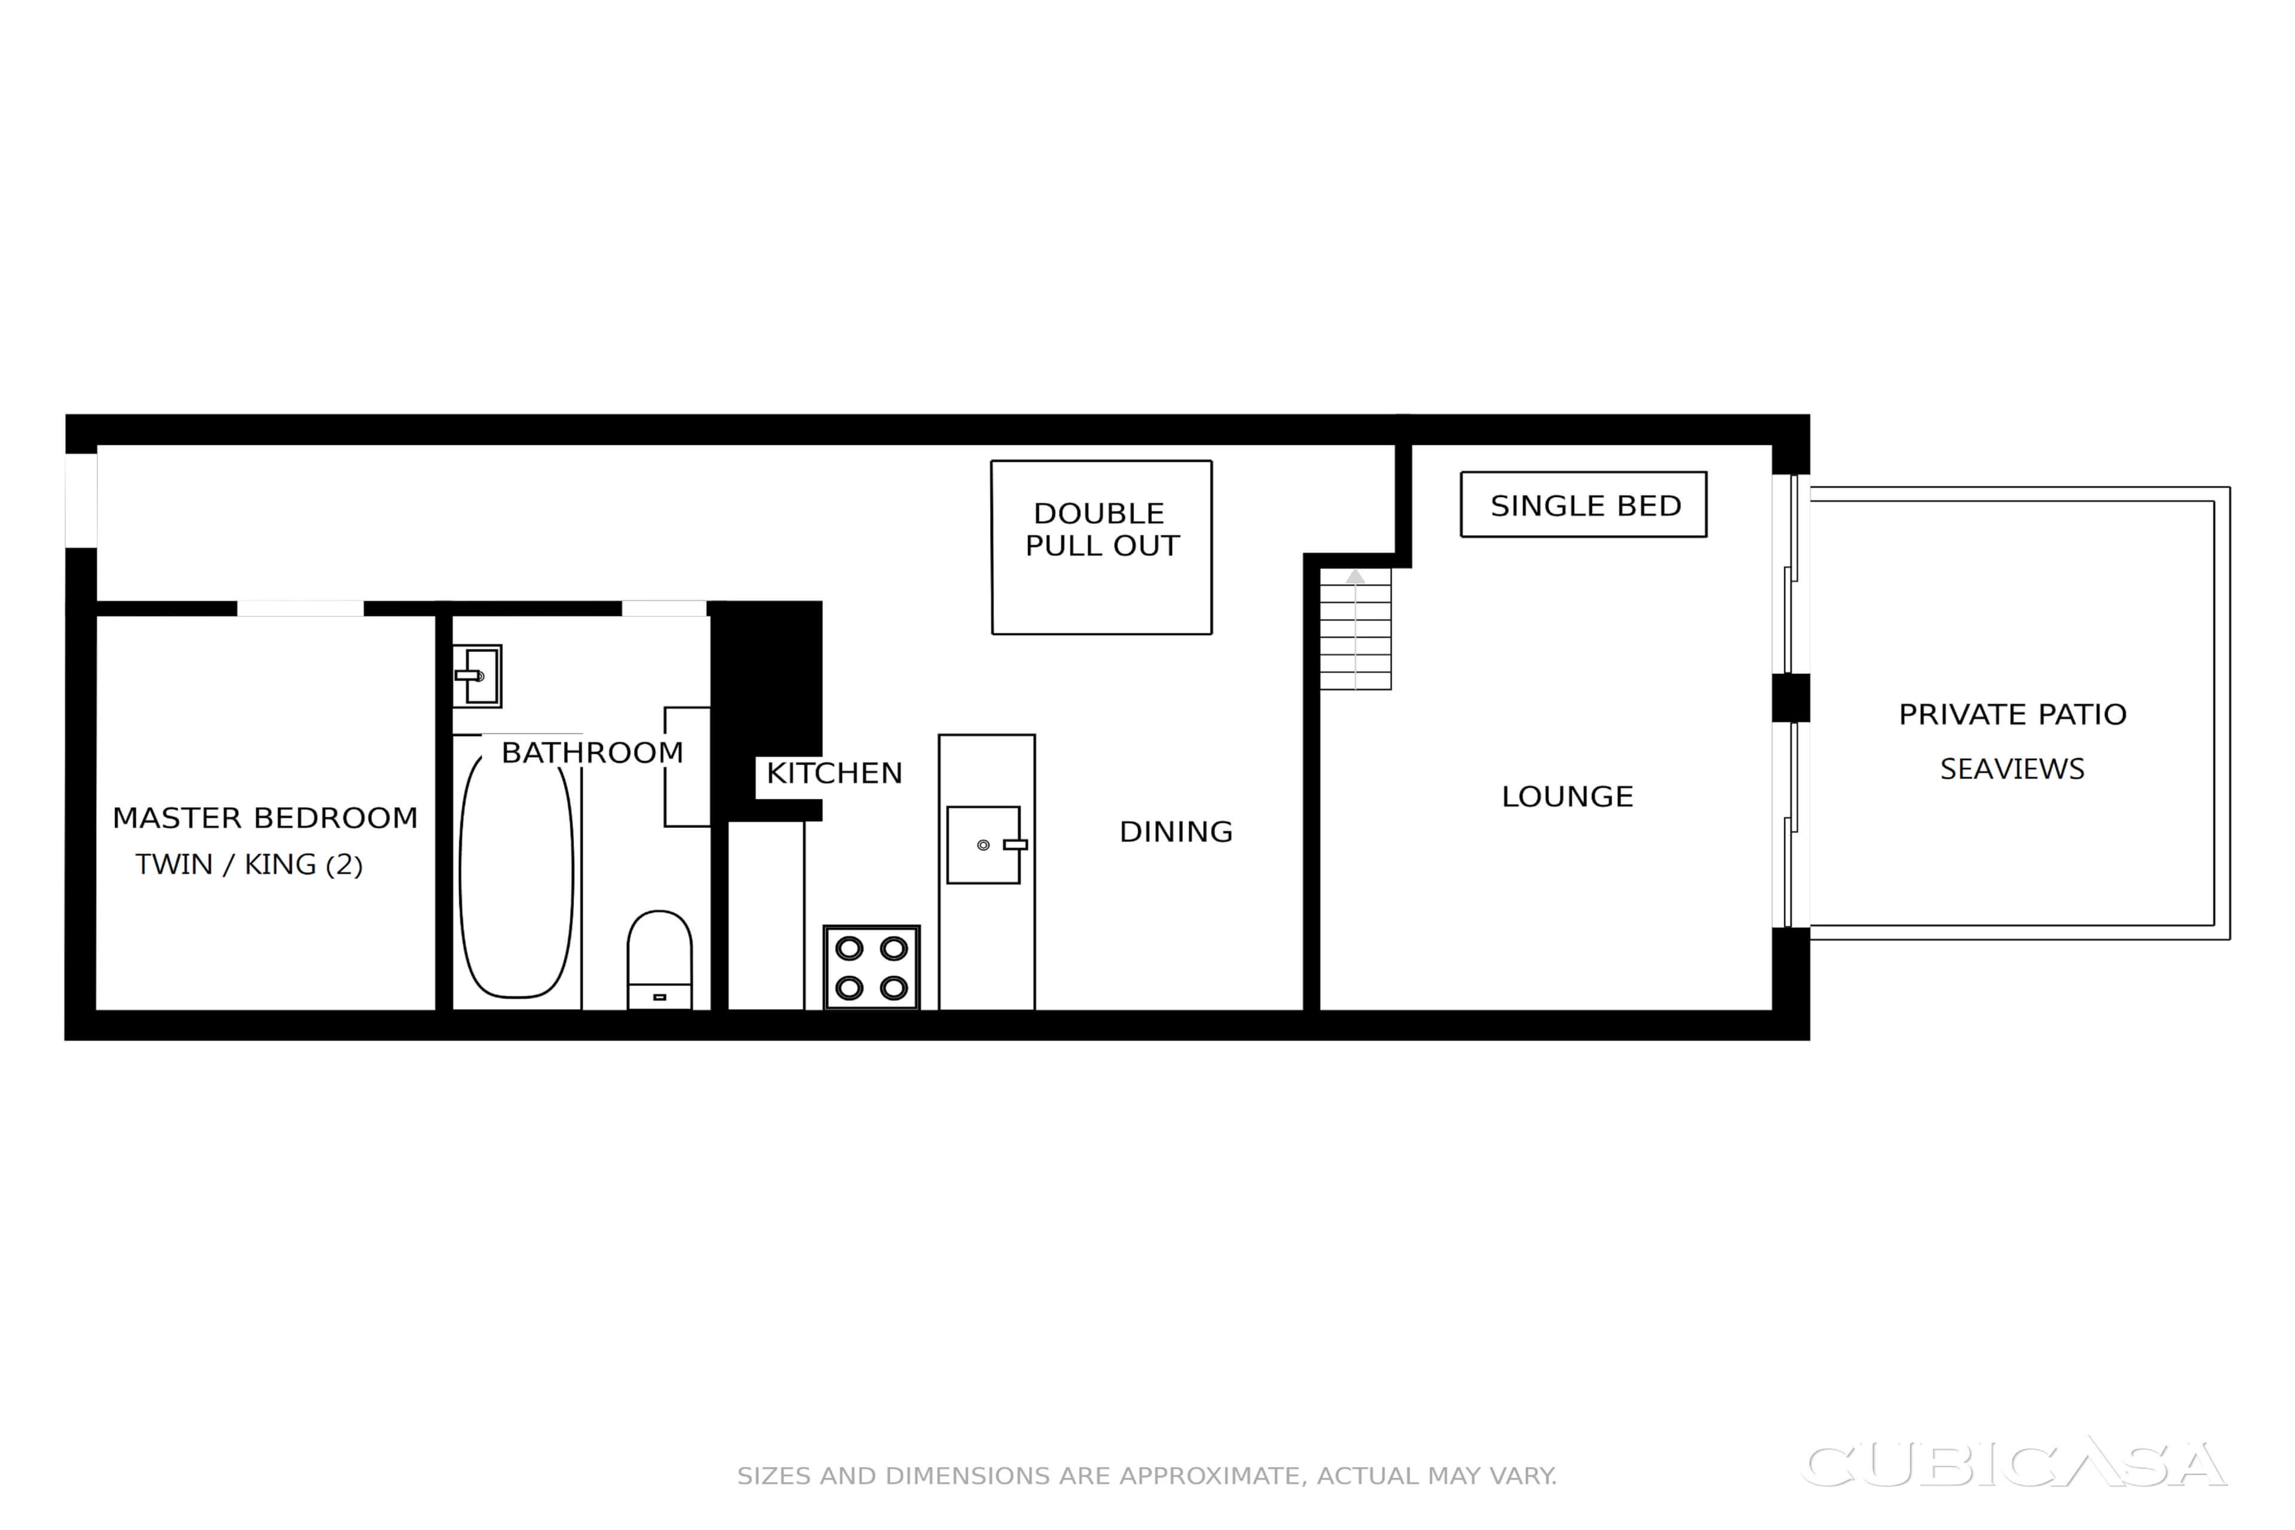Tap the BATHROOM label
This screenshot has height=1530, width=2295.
click(x=592, y=752)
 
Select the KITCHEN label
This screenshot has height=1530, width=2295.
click(x=834, y=773)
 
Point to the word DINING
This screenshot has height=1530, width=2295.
click(x=1176, y=831)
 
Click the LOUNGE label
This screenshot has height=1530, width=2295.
click(x=1567, y=796)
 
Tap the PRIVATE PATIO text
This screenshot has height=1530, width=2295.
click(x=2012, y=714)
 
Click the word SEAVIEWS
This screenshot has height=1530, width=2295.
click(x=2012, y=769)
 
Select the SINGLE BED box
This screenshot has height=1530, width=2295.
click(x=1584, y=504)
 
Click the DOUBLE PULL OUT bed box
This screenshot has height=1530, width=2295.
click(x=1101, y=547)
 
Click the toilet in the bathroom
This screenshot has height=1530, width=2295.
click(x=660, y=960)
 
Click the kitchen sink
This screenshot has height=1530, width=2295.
click(x=986, y=845)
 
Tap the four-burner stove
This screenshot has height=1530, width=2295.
click(x=871, y=967)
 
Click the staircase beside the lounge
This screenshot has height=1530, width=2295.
click(x=1355, y=629)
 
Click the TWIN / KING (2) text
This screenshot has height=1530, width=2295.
click(x=249, y=865)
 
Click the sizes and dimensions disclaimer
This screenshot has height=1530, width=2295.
click(x=1146, y=1476)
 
